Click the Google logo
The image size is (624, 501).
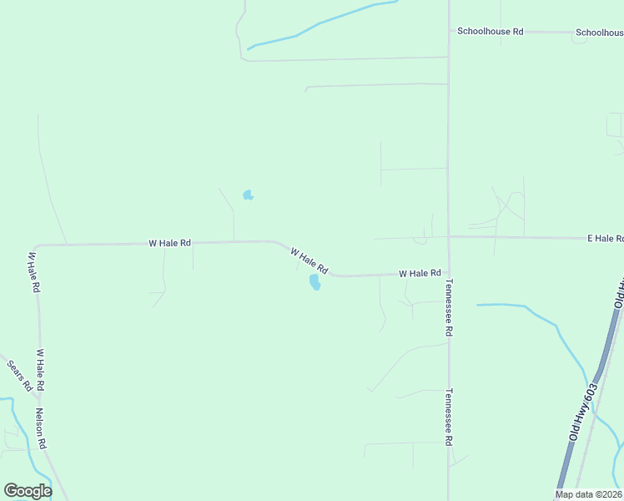(28, 490)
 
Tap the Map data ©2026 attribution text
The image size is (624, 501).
(588, 494)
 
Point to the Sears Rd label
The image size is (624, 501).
(19, 376)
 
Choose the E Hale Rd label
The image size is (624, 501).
(605, 238)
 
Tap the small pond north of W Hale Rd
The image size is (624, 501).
(248, 195)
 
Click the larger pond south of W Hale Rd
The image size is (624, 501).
(315, 282)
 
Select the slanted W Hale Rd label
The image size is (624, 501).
(309, 260)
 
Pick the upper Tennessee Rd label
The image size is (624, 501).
(448, 307)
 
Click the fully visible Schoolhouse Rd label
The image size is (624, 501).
(490, 31)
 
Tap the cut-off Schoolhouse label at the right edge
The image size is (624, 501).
(599, 33)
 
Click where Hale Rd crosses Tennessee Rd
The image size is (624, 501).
(449, 237)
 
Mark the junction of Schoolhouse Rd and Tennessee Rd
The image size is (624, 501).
(449, 32)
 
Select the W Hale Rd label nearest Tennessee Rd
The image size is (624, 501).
(419, 273)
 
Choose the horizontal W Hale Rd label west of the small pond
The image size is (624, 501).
(169, 243)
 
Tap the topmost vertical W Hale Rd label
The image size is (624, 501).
(33, 271)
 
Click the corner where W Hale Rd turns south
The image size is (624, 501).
(38, 246)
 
